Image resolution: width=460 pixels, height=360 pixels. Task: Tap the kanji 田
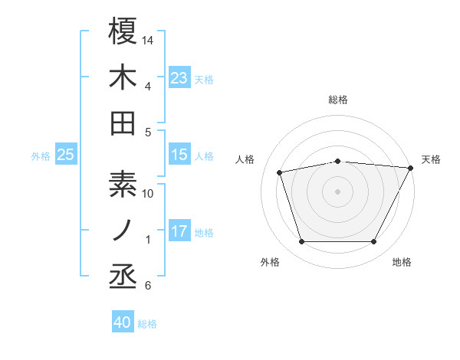coord(123,123)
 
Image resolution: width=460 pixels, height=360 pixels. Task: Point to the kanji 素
coord(123,185)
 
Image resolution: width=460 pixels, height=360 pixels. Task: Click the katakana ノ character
coord(123,231)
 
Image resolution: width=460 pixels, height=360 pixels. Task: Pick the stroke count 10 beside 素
coord(148,194)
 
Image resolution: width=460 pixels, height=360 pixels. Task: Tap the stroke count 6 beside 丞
coord(148,286)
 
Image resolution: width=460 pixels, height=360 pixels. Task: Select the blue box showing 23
coord(179,78)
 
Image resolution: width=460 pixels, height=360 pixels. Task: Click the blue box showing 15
coord(179,155)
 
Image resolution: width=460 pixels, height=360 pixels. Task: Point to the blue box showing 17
coord(179,232)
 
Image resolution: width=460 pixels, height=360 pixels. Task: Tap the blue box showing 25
coord(65,155)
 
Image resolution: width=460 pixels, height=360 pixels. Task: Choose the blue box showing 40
coord(123,323)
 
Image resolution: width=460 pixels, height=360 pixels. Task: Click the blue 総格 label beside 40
coord(147,324)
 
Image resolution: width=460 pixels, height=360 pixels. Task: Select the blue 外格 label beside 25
coord(41,156)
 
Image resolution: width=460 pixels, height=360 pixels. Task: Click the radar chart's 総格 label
coord(338,100)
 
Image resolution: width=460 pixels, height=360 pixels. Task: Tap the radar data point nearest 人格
coord(280,172)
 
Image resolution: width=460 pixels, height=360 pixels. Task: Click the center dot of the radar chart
coord(338,191)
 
